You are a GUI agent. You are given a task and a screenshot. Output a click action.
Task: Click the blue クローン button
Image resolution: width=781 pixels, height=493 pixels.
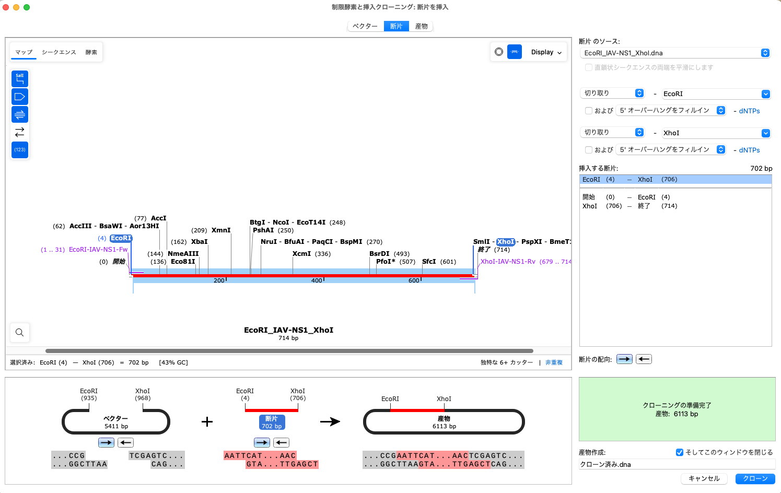(755, 478)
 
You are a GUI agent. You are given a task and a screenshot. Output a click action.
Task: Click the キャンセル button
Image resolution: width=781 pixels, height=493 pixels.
(704, 478)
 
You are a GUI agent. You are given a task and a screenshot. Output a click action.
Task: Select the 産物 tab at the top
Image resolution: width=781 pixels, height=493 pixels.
(421, 26)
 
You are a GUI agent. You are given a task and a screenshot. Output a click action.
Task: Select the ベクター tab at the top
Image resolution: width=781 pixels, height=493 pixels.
(365, 26)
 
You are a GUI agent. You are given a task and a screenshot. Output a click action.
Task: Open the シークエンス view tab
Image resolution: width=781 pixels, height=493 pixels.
(59, 52)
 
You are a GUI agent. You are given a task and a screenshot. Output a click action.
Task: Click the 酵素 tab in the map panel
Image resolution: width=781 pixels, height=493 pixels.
(91, 52)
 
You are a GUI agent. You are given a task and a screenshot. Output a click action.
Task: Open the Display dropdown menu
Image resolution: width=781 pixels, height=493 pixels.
(546, 52)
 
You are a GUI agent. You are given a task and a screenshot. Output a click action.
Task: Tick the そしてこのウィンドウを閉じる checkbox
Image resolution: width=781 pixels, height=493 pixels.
(680, 452)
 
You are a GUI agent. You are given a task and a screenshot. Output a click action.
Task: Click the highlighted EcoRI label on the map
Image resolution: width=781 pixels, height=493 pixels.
(121, 238)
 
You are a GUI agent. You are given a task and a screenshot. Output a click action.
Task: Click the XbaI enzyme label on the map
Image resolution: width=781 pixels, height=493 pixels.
(199, 242)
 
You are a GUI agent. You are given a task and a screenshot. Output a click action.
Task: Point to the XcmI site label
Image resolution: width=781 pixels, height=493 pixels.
(301, 254)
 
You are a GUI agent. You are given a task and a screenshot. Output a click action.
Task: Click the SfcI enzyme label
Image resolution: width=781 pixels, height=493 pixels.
(429, 262)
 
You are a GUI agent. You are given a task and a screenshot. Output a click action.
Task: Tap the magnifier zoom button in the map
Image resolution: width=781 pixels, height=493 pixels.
(20, 332)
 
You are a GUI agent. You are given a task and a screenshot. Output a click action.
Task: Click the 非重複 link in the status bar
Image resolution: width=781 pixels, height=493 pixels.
(554, 362)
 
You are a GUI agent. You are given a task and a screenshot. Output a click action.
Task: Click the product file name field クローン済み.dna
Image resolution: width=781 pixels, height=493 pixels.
(677, 464)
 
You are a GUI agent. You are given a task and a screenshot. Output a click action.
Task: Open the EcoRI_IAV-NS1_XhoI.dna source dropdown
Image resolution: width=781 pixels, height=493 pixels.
(675, 53)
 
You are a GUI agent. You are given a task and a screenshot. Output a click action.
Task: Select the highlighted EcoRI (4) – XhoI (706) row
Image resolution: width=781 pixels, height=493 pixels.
(675, 180)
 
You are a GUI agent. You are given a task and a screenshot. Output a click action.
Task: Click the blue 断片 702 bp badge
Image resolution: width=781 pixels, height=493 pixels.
(272, 422)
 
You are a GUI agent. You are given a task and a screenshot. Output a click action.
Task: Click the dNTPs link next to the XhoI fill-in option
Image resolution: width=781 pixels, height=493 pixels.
(749, 150)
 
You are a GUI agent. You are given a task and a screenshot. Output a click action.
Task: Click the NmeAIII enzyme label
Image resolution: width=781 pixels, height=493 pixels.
(183, 254)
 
